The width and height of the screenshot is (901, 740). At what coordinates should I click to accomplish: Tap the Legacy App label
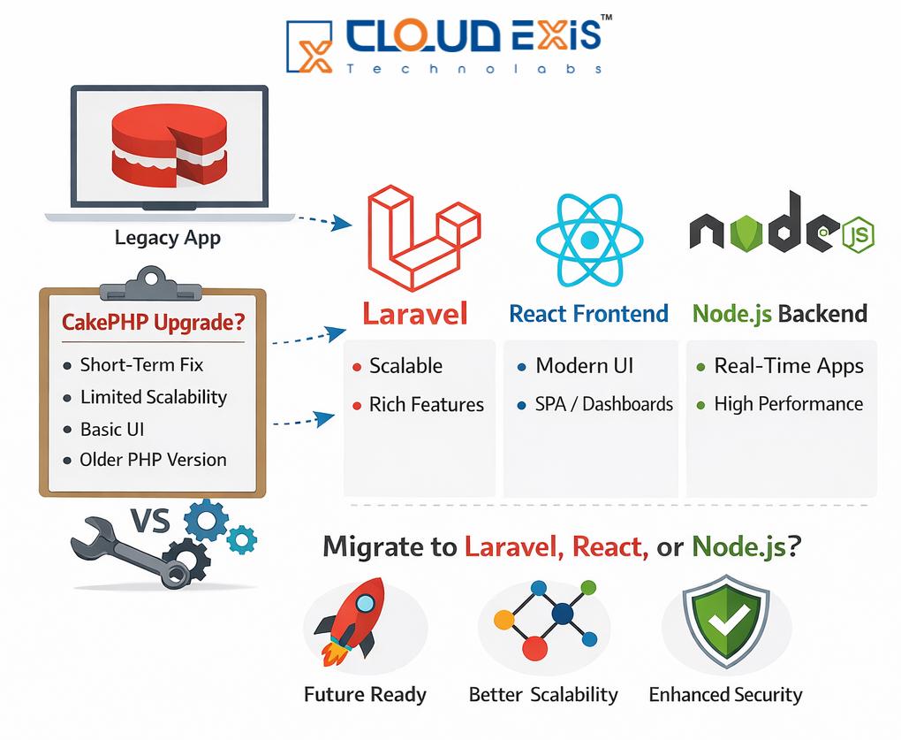tap(168, 238)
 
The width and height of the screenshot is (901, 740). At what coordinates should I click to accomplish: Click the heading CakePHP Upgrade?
tap(153, 323)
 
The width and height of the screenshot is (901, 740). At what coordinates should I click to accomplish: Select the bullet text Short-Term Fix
tap(141, 364)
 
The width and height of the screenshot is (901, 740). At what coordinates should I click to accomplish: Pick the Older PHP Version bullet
tap(153, 460)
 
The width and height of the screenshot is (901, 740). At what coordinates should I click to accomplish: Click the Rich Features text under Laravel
tap(427, 405)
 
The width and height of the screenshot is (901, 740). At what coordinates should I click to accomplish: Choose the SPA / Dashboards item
tap(604, 405)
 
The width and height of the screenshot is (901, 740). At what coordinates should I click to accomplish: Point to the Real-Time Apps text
tap(789, 366)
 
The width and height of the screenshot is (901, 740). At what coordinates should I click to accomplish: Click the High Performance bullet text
tap(789, 404)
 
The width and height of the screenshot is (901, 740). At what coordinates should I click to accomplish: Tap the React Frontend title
tap(589, 313)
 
